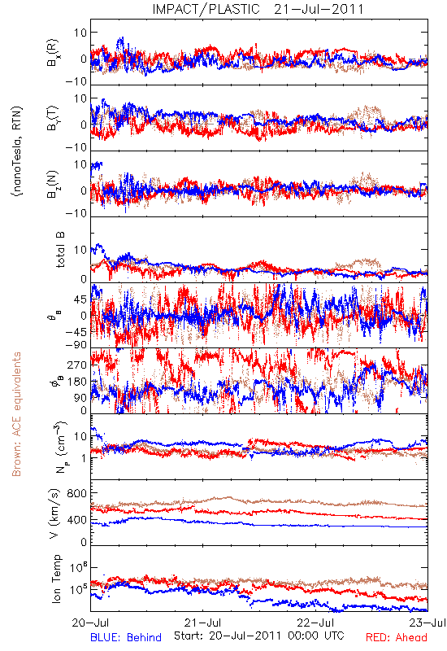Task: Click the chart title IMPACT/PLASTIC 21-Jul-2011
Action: pos(258,9)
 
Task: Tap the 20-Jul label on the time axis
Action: pos(90,623)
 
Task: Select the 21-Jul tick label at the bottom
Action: pos(202,623)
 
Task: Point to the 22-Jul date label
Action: pos(315,623)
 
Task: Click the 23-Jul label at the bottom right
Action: pos(427,623)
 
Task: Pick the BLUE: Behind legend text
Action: pos(126,637)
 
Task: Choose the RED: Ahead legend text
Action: pos(396,637)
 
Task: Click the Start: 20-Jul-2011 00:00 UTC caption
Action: pos(258,636)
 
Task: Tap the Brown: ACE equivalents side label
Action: pos(16,414)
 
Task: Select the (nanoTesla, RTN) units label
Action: pos(17,151)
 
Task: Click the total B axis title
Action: pos(60,250)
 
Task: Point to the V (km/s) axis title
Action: pos(54,513)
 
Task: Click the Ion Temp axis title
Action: pos(57,579)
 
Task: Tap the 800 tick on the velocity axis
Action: pos(77,493)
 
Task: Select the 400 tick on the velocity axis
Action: pos(77,520)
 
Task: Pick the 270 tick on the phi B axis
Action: pos(77,365)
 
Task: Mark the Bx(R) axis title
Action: pos(53,53)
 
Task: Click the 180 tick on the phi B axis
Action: pos(77,382)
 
